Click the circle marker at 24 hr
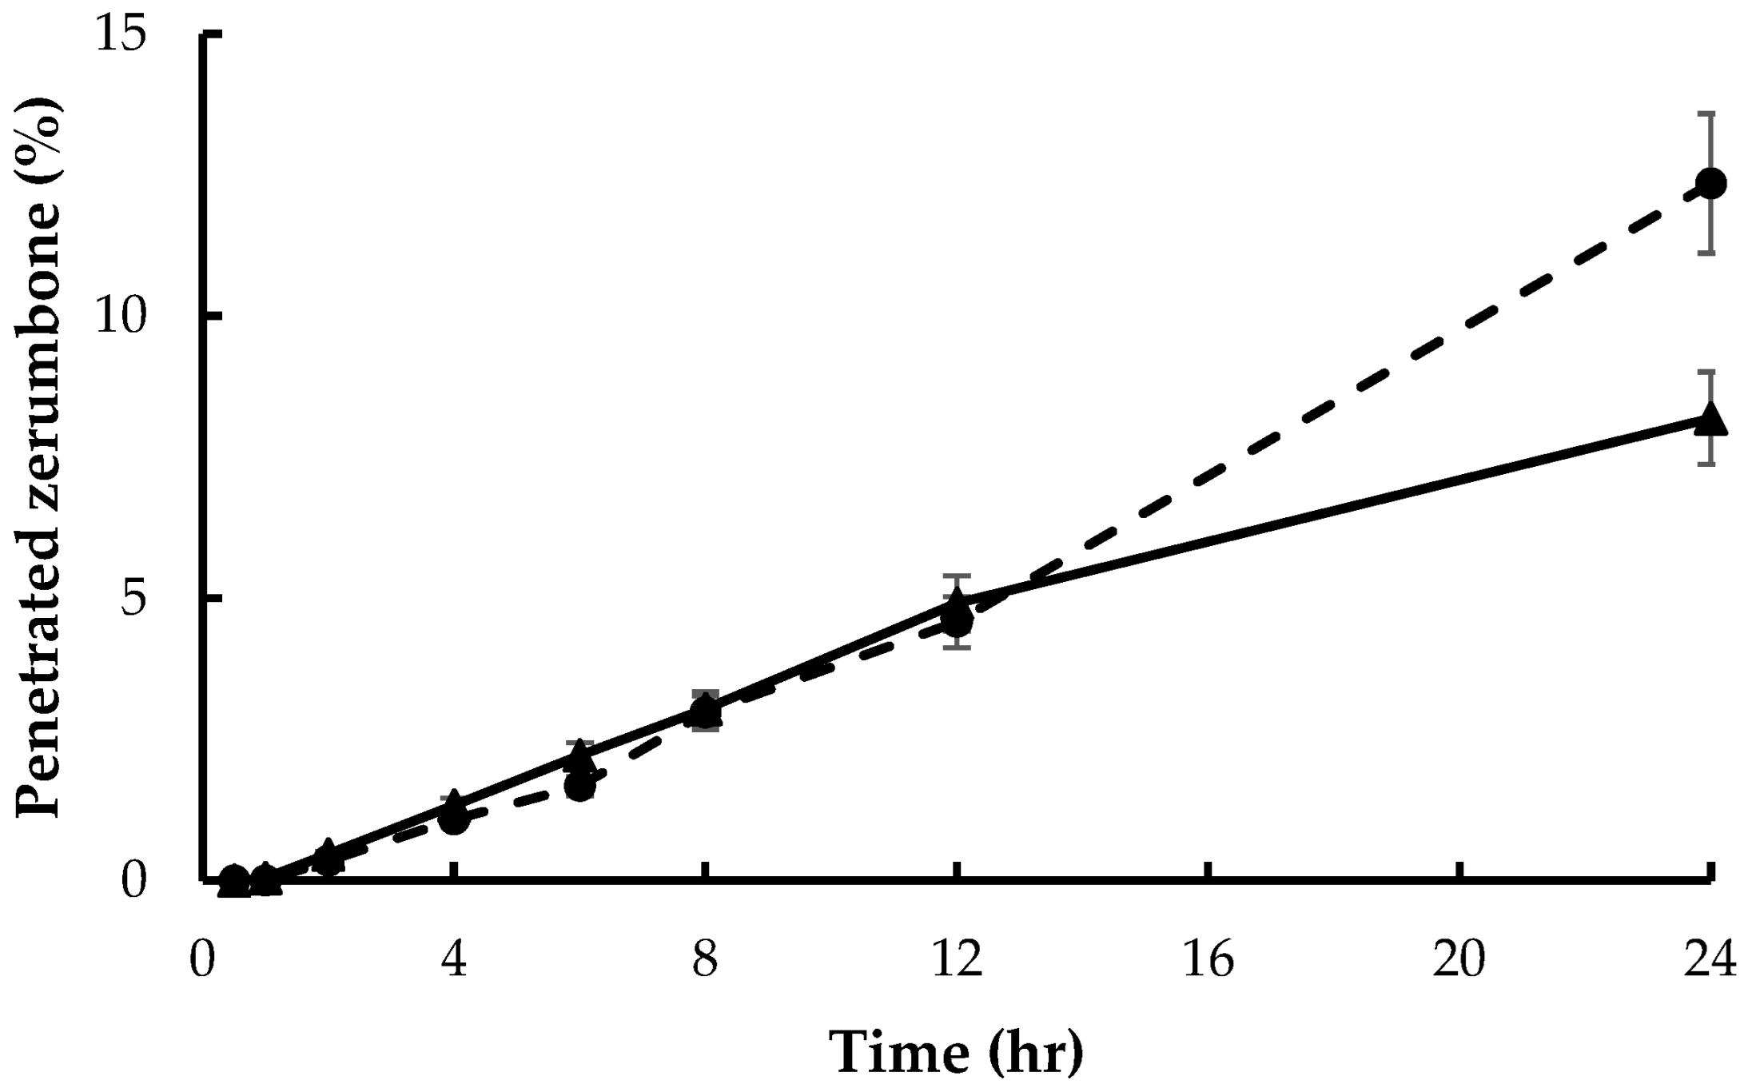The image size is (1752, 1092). (x=1711, y=183)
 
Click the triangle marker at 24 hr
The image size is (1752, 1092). (x=1711, y=419)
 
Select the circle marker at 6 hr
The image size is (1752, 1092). (x=579, y=786)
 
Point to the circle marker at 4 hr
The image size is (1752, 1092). (x=454, y=819)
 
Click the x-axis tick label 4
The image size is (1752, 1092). (x=454, y=959)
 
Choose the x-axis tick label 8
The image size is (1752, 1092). (x=705, y=959)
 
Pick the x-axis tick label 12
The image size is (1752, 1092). (x=957, y=959)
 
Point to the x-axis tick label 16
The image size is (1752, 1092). (x=1208, y=959)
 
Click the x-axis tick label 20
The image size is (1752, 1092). (x=1459, y=959)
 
